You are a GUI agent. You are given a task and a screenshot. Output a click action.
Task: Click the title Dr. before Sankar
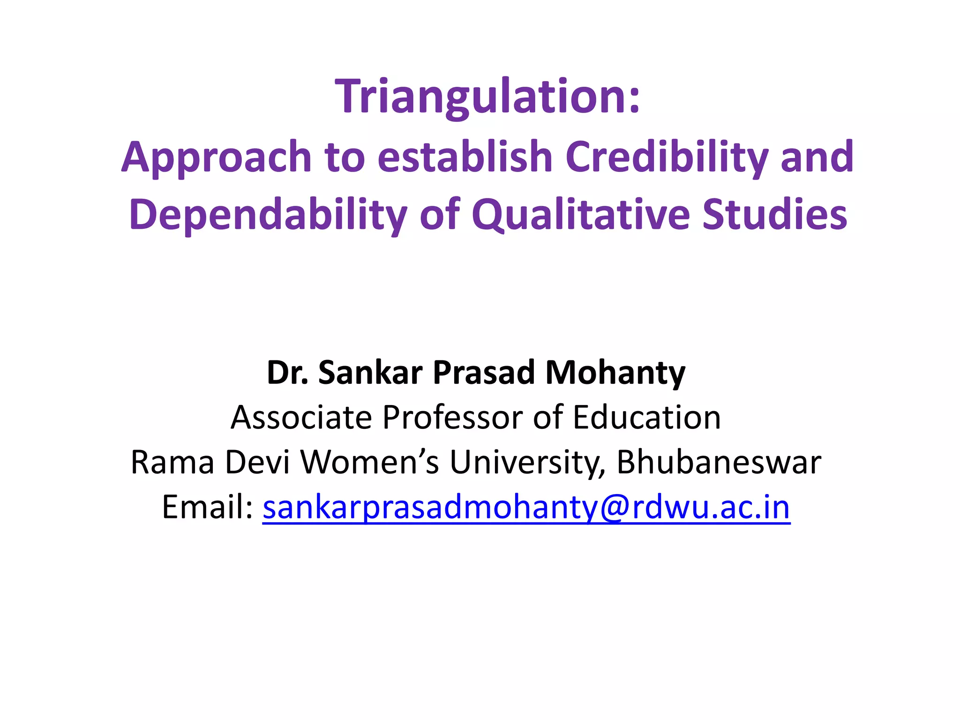(x=287, y=373)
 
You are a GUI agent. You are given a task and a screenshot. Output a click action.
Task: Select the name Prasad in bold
(x=483, y=373)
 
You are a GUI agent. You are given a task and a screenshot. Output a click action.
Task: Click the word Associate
(x=300, y=417)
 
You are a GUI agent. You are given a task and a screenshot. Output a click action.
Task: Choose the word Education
(x=647, y=417)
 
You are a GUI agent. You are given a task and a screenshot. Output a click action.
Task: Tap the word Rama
(x=172, y=462)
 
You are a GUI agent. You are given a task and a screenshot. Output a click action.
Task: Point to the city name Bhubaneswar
(x=719, y=462)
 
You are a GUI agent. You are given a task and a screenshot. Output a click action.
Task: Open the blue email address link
(x=526, y=508)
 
